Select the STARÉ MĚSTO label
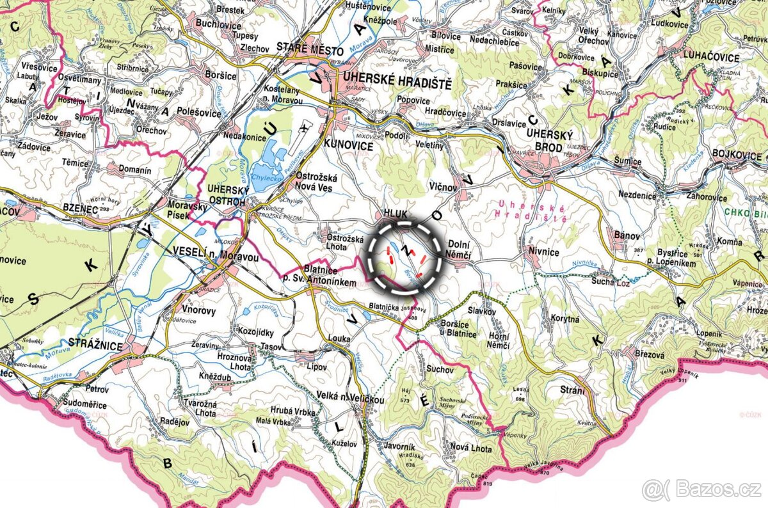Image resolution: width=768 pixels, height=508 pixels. click(x=310, y=49)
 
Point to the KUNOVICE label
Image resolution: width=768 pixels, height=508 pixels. click(x=349, y=146)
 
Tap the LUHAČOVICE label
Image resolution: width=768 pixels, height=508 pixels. click(x=711, y=58)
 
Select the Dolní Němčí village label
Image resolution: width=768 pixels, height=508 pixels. click(x=460, y=250)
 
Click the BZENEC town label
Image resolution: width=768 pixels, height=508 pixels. click(x=79, y=208)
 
